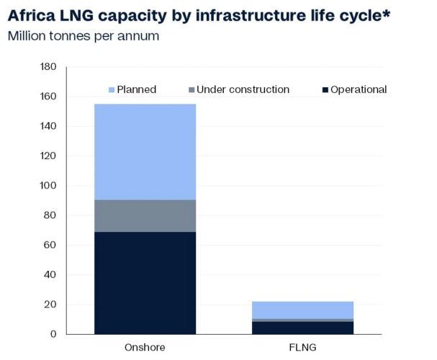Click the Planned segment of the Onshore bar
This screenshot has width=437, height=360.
click(145, 151)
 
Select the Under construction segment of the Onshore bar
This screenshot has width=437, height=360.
click(145, 215)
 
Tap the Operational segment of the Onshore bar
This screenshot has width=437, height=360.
click(145, 282)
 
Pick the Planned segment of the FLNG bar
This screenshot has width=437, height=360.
click(302, 310)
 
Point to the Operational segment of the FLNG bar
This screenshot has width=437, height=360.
click(302, 328)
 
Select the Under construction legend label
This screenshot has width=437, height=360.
click(243, 89)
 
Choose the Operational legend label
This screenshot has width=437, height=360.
click(359, 89)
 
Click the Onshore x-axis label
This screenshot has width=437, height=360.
click(145, 348)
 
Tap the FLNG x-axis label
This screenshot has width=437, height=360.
click(302, 348)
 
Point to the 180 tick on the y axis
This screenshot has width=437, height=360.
click(48, 67)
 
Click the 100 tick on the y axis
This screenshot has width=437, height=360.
click(48, 186)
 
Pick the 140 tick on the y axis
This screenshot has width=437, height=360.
click(48, 127)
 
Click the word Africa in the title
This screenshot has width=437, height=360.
click(34, 15)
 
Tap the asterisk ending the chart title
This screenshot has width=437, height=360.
click(386, 13)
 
